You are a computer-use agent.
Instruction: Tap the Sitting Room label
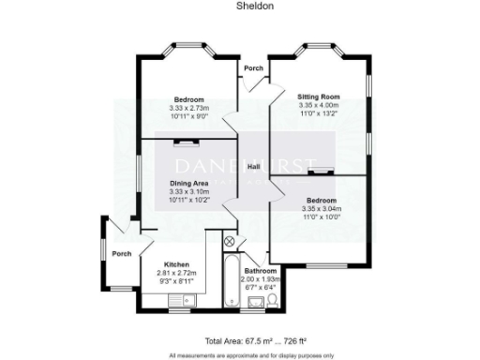click(318, 97)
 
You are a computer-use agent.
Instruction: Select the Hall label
click(253, 166)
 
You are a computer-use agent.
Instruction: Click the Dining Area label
click(188, 183)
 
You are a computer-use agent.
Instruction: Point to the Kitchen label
click(177, 263)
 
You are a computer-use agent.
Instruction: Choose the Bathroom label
click(258, 271)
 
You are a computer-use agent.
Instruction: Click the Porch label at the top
click(253, 69)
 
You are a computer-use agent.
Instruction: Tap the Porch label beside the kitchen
click(121, 253)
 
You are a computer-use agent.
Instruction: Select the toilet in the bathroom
click(271, 299)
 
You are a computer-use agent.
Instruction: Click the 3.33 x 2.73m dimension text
click(188, 109)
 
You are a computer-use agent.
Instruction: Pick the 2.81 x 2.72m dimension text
click(177, 272)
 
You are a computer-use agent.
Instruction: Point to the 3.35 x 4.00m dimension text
click(318, 105)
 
